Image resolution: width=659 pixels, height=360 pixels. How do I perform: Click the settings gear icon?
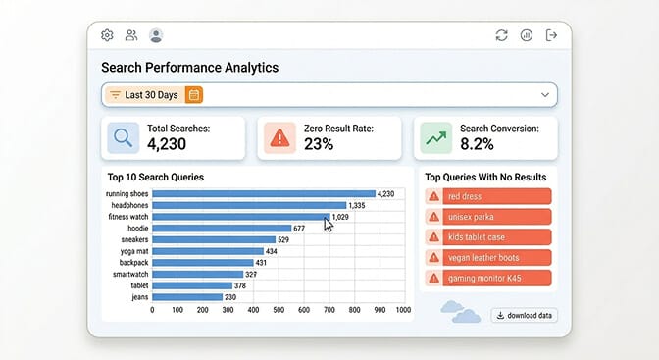click(107, 35)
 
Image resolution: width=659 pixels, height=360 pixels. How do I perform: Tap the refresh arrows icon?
click(501, 35)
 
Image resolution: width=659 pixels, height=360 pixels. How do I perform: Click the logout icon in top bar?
click(551, 35)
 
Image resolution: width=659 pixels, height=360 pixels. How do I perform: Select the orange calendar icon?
click(194, 95)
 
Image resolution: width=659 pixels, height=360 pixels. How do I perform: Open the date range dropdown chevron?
click(545, 95)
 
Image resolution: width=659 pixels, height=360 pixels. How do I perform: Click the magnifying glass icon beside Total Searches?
click(123, 138)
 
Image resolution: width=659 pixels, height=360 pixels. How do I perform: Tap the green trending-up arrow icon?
click(435, 138)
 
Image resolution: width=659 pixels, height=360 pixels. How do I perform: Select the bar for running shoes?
click(263, 194)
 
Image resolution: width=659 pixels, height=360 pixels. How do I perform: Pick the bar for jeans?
click(186, 297)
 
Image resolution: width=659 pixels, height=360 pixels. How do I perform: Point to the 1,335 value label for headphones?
click(357, 206)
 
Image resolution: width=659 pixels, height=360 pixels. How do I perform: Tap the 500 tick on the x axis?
click(278, 310)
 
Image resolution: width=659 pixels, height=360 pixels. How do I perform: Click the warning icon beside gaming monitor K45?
click(433, 279)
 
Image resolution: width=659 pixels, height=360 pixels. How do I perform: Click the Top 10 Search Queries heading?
click(155, 178)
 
